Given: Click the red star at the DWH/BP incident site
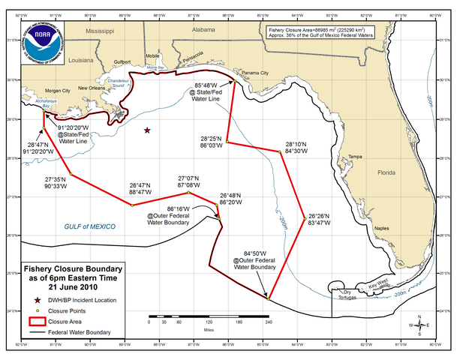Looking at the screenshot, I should [x=148, y=130].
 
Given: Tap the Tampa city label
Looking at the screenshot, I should [x=356, y=156].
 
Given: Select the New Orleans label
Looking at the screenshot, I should [x=91, y=88].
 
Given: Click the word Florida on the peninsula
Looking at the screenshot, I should [x=386, y=172].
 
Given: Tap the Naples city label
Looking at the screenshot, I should [x=383, y=228].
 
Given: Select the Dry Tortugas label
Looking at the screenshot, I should [x=344, y=294].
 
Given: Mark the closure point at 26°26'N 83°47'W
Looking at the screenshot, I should [x=305, y=218].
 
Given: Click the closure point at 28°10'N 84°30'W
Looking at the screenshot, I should [x=280, y=151].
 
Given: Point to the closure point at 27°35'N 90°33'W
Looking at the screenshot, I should [x=71, y=175].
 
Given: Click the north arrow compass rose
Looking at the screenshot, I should [x=420, y=325].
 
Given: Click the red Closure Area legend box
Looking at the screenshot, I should [x=35, y=320].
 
